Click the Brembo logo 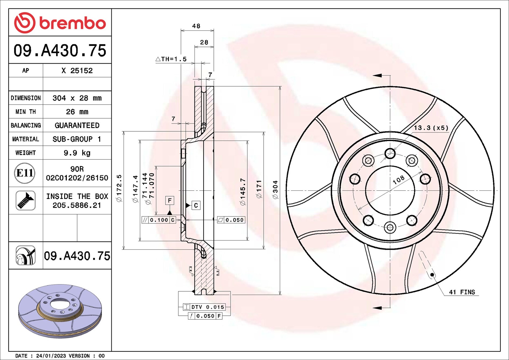point(60,23)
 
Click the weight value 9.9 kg point(77,153)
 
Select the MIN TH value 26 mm point(77,112)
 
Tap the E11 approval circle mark point(25,173)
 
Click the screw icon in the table point(26,201)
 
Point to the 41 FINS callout point(462,292)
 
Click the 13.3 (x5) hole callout point(431,128)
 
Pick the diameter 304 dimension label point(275,190)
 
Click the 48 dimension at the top point(196,26)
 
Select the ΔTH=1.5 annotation point(171,59)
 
